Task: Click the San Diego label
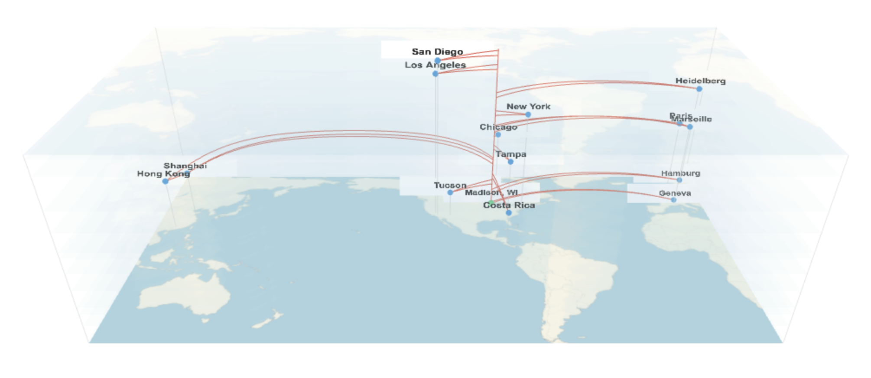(437, 52)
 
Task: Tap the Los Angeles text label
(435, 65)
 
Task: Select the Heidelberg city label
(700, 81)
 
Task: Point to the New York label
(528, 106)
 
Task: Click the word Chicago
(498, 127)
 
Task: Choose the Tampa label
(511, 154)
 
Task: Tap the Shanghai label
(185, 166)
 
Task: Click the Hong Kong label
(163, 173)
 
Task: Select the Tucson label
(450, 185)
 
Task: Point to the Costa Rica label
(509, 205)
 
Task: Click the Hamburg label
(680, 173)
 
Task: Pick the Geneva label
(675, 193)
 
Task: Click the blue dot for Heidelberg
(699, 89)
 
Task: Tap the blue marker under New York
(528, 114)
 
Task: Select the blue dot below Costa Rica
(509, 213)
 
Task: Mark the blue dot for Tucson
(450, 192)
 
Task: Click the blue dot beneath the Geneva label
(673, 200)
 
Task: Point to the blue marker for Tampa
(510, 162)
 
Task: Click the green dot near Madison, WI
(491, 202)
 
